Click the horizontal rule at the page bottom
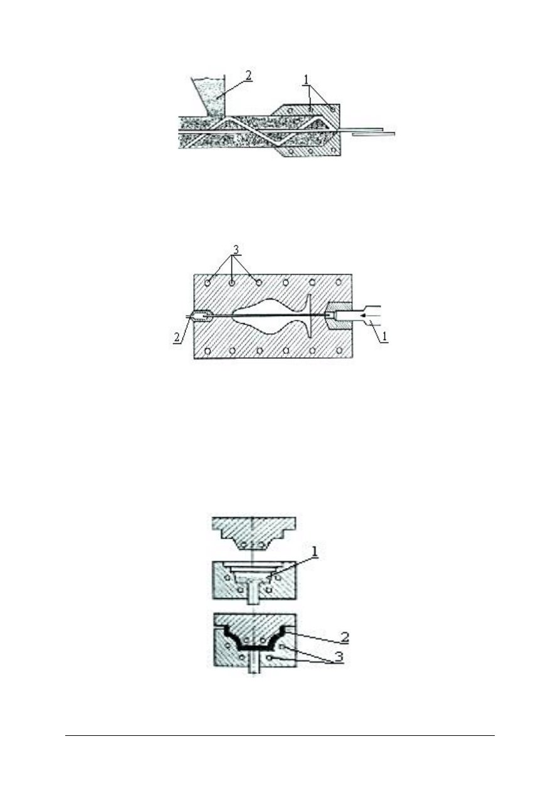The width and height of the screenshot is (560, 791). (280, 735)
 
